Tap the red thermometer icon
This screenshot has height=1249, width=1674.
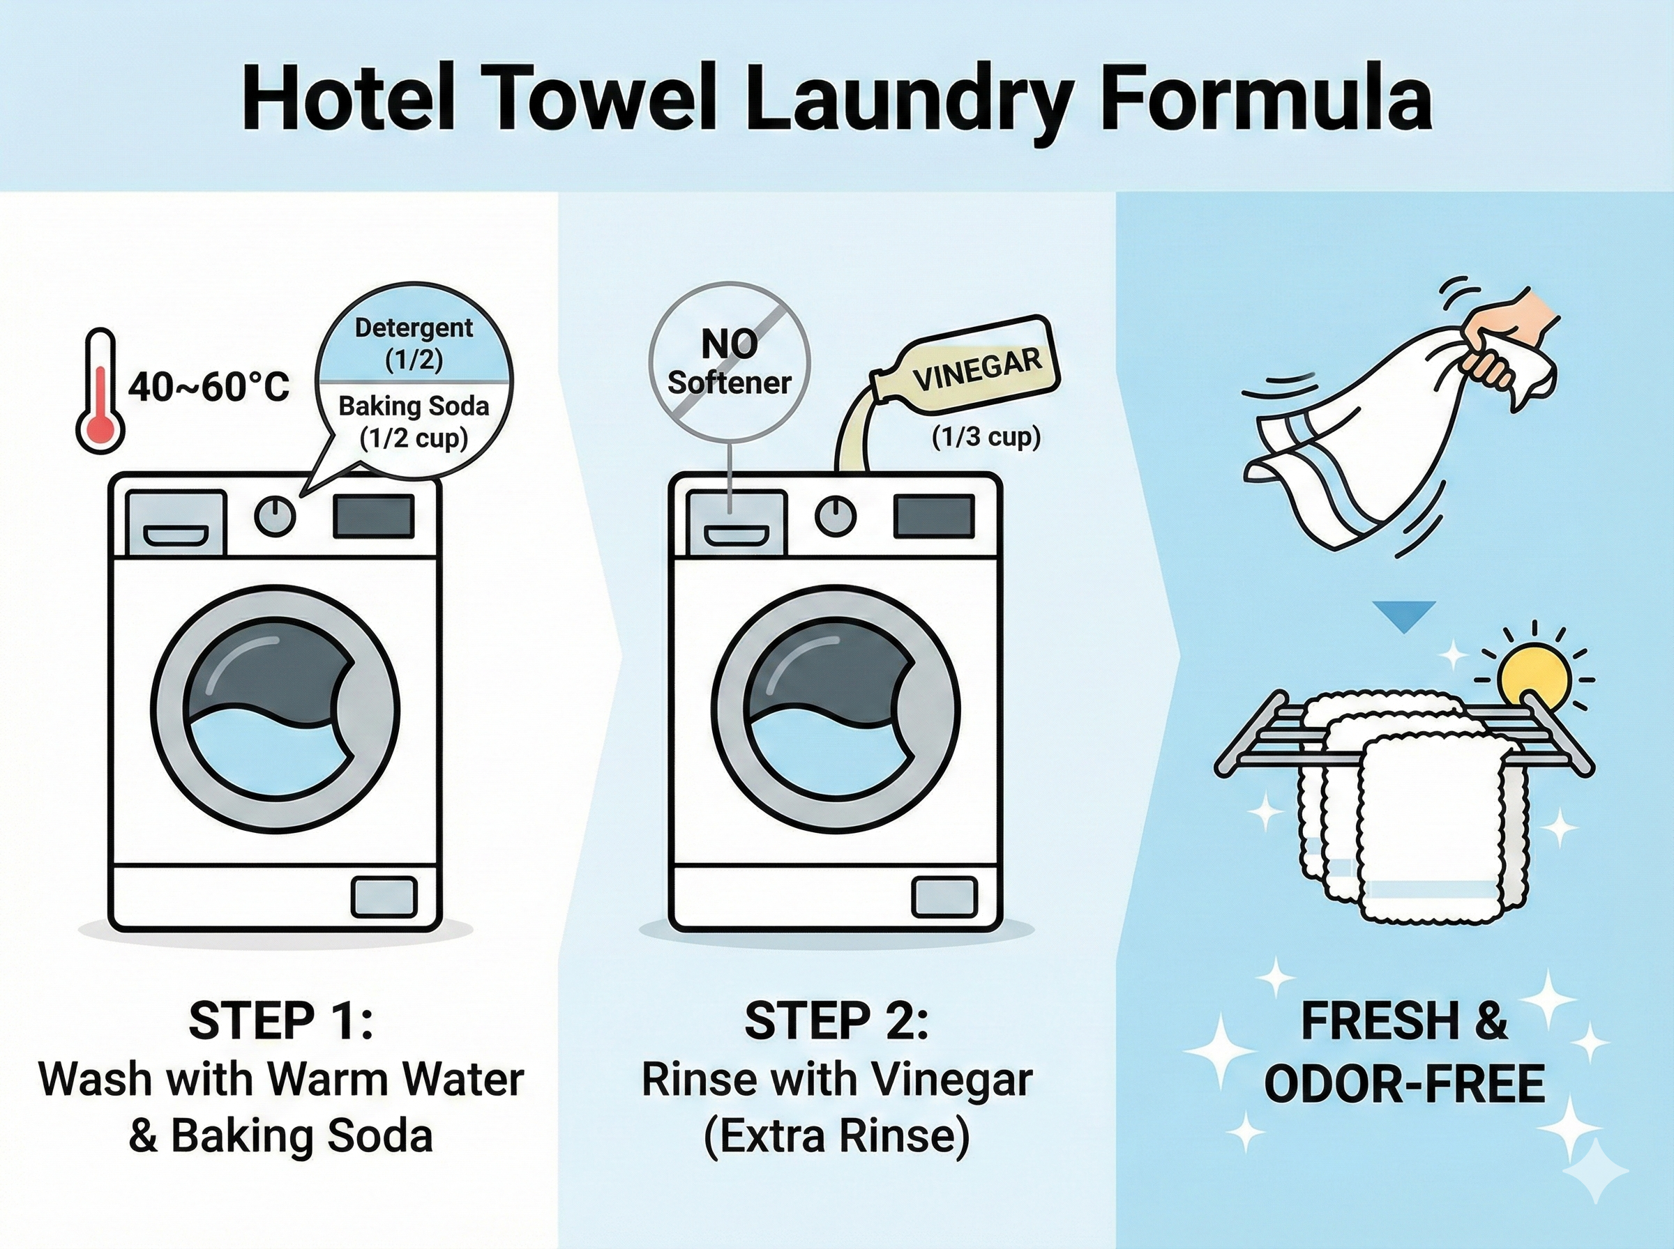100,390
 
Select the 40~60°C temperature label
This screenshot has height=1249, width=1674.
209,388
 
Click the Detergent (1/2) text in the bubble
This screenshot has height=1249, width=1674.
414,343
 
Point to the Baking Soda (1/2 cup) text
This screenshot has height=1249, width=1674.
414,421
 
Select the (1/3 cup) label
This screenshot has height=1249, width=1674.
986,437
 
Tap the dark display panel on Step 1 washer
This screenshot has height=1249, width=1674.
374,516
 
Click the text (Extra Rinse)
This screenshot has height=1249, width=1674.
836,1136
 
